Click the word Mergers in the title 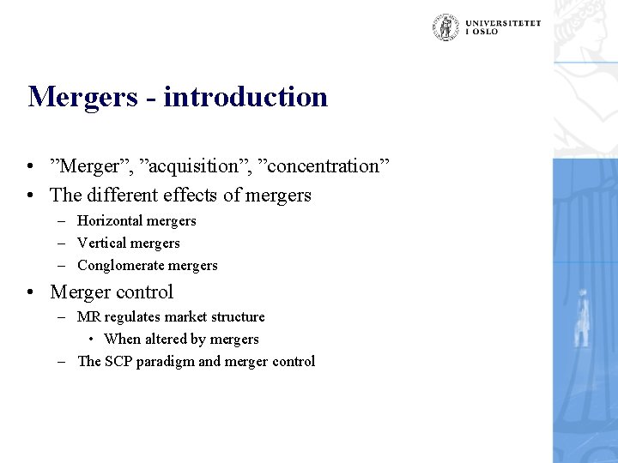click(x=81, y=97)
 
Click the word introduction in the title click(x=245, y=96)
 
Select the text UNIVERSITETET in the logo click(x=504, y=23)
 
